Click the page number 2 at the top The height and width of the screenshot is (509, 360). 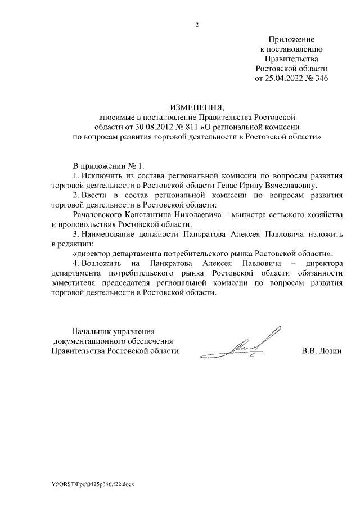[197, 24]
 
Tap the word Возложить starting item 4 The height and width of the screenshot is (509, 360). [102, 263]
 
